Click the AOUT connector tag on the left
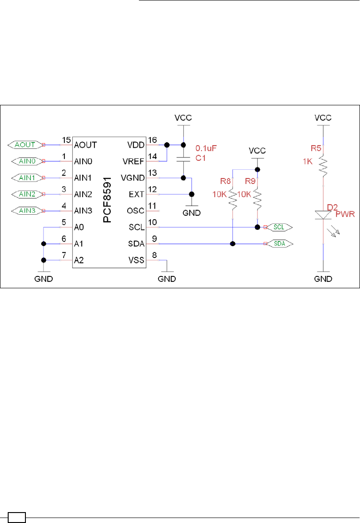(25, 145)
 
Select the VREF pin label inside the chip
(133, 161)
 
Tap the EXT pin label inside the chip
(137, 194)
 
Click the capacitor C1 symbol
(183, 159)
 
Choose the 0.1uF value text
(205, 148)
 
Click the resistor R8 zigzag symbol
(233, 199)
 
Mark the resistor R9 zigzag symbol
(257, 199)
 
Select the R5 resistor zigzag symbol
(323, 164)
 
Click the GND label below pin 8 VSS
(167, 278)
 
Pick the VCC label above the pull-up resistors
(257, 150)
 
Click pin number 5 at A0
(64, 222)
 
